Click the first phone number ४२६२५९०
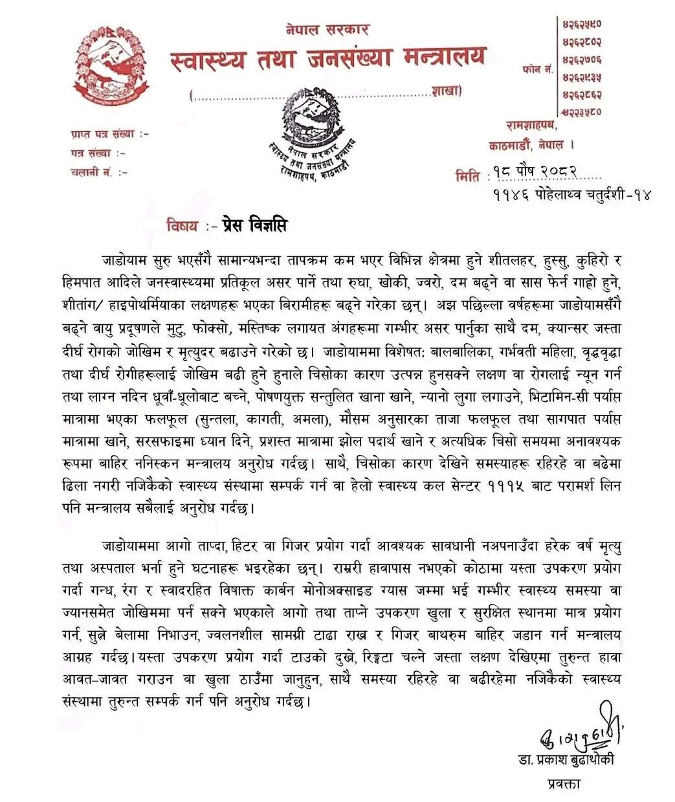pyautogui.click(x=582, y=24)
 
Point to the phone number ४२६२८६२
pyautogui.click(x=582, y=95)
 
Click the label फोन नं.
pyautogui.click(x=537, y=67)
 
